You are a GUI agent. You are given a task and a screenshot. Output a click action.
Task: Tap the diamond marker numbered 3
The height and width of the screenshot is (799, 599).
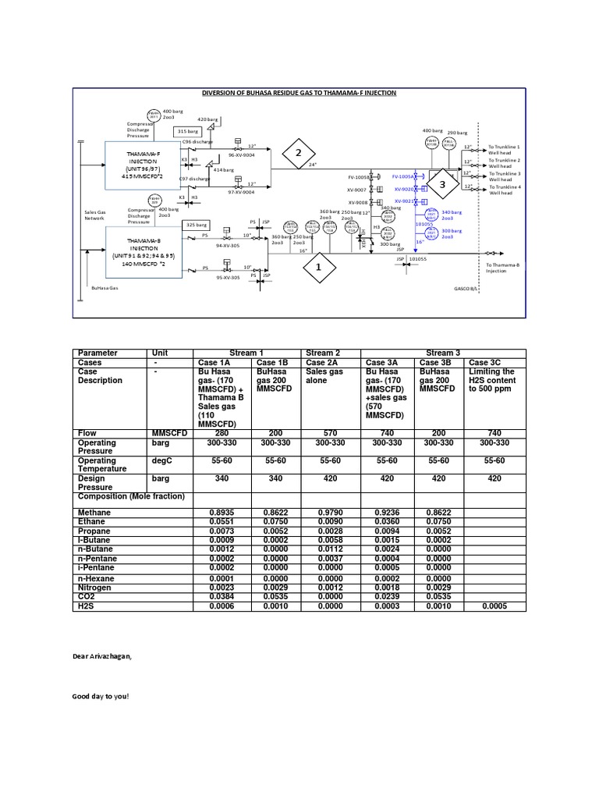(x=442, y=185)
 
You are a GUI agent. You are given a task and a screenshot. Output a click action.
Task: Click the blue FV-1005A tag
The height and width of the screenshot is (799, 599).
(x=402, y=177)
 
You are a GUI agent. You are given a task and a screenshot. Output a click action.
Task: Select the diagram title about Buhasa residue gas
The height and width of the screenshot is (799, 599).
(x=299, y=93)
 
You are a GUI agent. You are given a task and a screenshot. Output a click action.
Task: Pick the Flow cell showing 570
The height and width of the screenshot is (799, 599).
(x=331, y=432)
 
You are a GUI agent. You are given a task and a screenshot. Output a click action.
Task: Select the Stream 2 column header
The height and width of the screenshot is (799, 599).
(x=331, y=353)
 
